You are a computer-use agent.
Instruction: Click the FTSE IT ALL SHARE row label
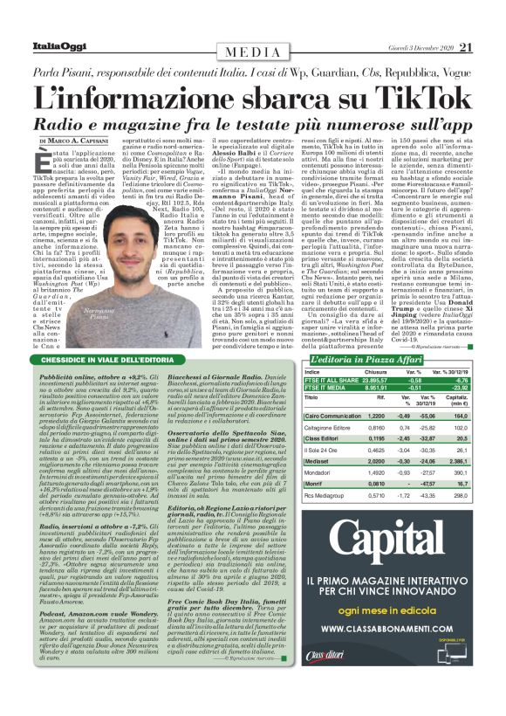coord(330,380)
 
